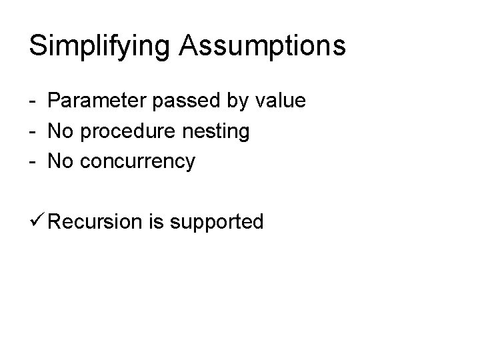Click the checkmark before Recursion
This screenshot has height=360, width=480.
(x=37, y=221)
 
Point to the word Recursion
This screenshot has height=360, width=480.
(x=95, y=221)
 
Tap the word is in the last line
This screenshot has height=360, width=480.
(x=157, y=221)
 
